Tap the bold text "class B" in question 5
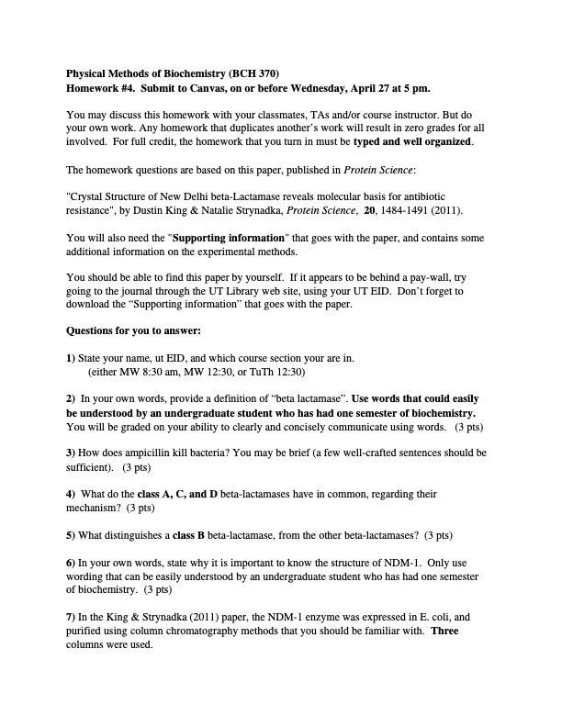(x=188, y=534)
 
